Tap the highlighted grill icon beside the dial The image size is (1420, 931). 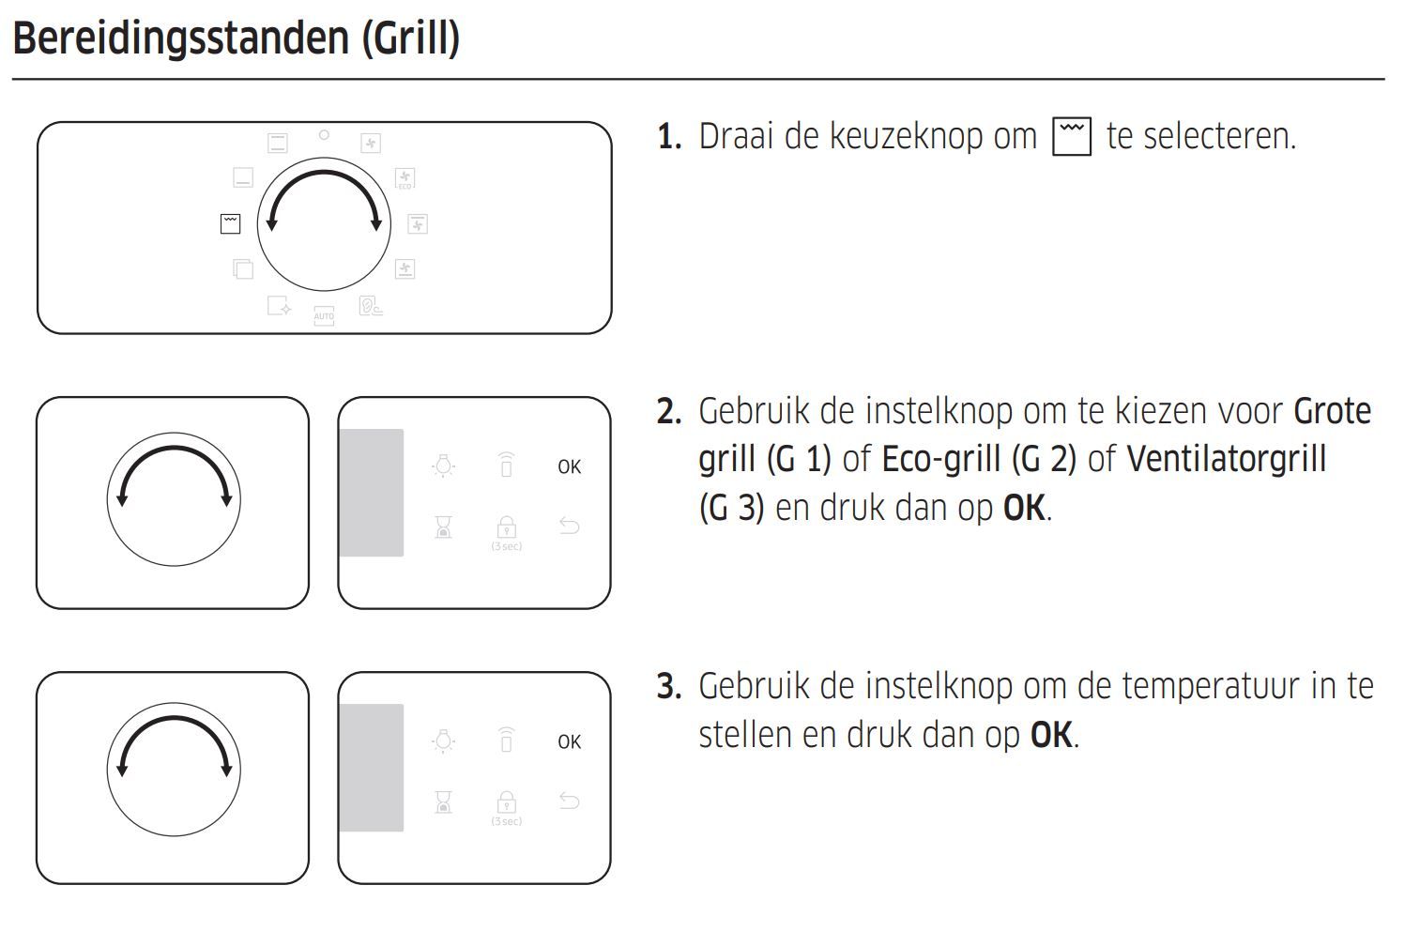(x=230, y=223)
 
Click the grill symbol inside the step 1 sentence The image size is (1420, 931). (x=1072, y=136)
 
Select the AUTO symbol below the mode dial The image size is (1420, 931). (x=324, y=315)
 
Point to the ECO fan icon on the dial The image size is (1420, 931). (x=405, y=178)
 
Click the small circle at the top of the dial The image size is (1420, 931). (x=324, y=135)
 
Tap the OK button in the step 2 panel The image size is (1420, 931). (x=569, y=466)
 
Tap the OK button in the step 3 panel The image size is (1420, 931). (x=569, y=741)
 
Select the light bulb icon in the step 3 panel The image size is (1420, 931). (x=444, y=741)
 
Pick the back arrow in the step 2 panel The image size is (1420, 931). (x=569, y=526)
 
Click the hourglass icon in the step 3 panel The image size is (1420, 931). (x=444, y=801)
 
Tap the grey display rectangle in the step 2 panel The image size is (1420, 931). (x=372, y=493)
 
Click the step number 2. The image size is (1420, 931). (x=667, y=411)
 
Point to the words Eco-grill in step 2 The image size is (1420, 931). (x=940, y=459)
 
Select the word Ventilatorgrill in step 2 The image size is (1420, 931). (x=1226, y=459)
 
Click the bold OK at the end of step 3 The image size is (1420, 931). (x=1051, y=735)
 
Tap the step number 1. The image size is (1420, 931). (x=667, y=137)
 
